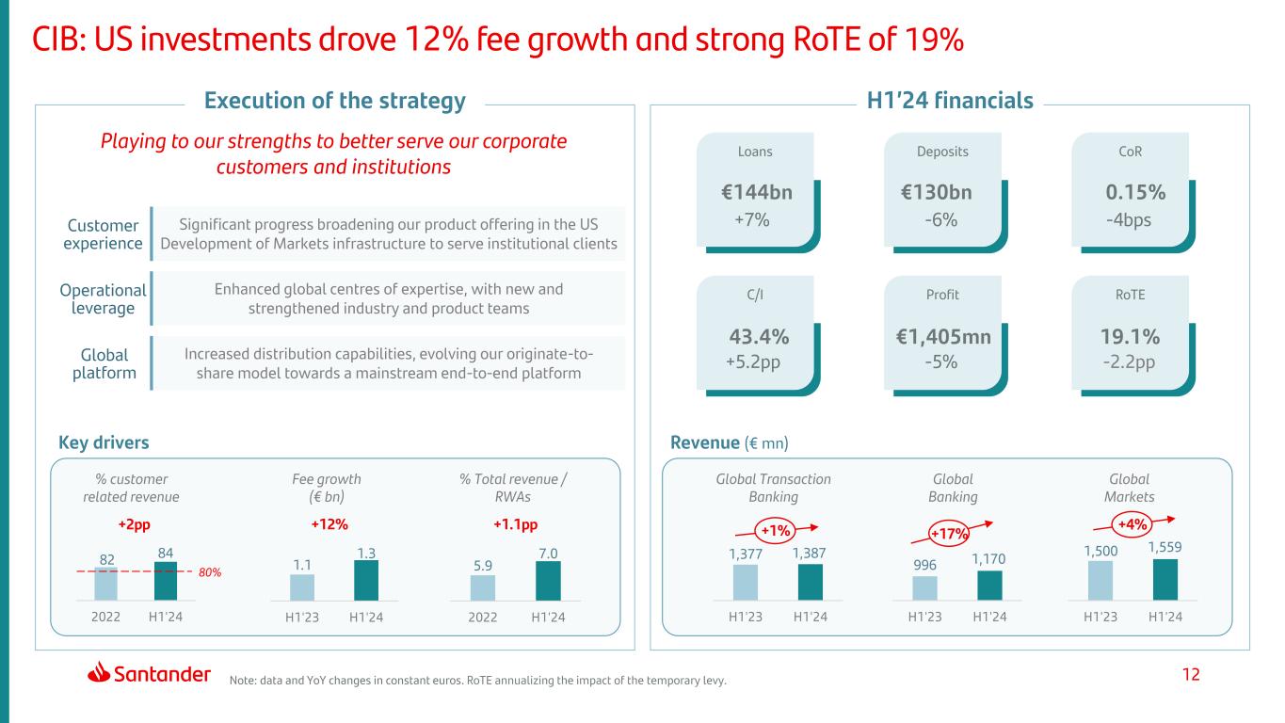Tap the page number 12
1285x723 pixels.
(x=1192, y=674)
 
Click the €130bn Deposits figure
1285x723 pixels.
(x=937, y=193)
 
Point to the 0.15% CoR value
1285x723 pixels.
(x=1135, y=193)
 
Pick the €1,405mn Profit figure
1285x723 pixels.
(x=942, y=337)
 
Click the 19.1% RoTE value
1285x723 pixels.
(x=1130, y=337)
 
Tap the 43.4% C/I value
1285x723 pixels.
(x=759, y=337)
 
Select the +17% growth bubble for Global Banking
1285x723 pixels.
(x=950, y=534)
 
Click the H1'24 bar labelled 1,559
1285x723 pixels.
(x=1165, y=579)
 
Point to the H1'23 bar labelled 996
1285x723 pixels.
(x=924, y=587)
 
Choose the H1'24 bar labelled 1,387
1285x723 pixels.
(x=810, y=582)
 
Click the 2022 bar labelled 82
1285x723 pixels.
(x=106, y=583)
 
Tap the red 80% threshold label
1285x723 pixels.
(x=209, y=571)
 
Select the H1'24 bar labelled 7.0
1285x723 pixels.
(x=548, y=580)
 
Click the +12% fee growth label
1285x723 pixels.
(x=327, y=525)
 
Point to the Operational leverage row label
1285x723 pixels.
(x=103, y=298)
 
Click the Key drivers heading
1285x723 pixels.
(x=104, y=442)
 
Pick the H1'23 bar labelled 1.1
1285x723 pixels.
(x=302, y=586)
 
